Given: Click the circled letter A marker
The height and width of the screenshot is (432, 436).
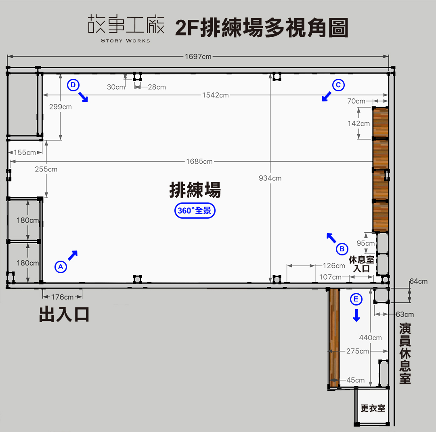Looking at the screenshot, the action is pyautogui.click(x=61, y=267).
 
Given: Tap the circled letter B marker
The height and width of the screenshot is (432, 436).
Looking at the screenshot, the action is pyautogui.click(x=342, y=249).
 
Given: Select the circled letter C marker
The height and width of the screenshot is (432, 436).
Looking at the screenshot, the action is pyautogui.click(x=338, y=85).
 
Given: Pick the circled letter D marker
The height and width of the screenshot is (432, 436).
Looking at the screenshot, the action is pyautogui.click(x=73, y=85).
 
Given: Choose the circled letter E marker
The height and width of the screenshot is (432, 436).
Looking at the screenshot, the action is pyautogui.click(x=356, y=299).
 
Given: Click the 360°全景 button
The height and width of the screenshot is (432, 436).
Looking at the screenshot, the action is pyautogui.click(x=195, y=211).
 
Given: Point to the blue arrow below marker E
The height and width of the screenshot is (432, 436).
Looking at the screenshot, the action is pyautogui.click(x=356, y=315).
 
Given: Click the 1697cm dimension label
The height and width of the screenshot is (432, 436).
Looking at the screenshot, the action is pyautogui.click(x=198, y=57).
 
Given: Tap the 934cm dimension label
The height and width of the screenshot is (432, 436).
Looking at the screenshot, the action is pyautogui.click(x=270, y=178).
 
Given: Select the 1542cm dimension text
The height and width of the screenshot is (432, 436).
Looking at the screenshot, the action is pyautogui.click(x=216, y=95).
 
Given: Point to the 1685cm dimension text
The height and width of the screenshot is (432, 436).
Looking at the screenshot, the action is pyautogui.click(x=199, y=161).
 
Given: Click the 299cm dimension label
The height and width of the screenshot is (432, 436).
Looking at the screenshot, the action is pyautogui.click(x=60, y=107).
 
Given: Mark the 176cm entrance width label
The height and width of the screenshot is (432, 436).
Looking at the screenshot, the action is pyautogui.click(x=62, y=297).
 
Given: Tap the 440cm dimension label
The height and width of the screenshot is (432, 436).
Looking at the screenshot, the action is pyautogui.click(x=370, y=338).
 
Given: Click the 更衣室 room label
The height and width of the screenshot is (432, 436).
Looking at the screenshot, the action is pyautogui.click(x=373, y=408).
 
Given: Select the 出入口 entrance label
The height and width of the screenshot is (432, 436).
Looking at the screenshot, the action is pyautogui.click(x=64, y=314).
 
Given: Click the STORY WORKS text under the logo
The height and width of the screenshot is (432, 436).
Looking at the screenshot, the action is pyautogui.click(x=126, y=41).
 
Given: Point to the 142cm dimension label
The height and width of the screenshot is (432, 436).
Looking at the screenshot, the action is pyautogui.click(x=359, y=123).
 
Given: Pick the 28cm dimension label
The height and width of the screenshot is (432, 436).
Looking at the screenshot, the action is pyautogui.click(x=157, y=87).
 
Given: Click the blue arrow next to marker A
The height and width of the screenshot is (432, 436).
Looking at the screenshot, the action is pyautogui.click(x=73, y=255).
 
